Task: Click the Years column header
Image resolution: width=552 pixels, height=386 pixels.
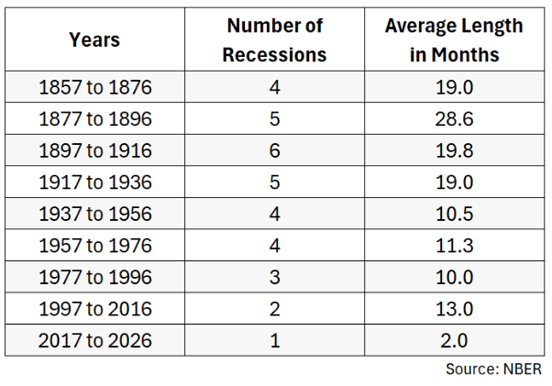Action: point(94,39)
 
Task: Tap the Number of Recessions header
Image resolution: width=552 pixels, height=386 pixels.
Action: point(274,40)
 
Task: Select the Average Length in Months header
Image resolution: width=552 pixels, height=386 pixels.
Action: point(454,40)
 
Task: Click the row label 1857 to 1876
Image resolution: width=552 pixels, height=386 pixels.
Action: point(95,87)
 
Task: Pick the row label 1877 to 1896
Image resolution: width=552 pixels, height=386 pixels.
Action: point(95,119)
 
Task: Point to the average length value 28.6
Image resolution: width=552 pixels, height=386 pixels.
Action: point(454,119)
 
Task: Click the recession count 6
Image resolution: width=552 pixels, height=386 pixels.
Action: point(274,150)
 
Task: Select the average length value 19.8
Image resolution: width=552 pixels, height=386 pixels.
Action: point(454,150)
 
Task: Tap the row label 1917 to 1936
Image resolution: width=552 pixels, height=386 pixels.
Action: point(95,182)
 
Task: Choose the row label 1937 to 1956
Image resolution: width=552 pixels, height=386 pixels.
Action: point(95,214)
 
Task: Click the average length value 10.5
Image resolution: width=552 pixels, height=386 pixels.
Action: point(454,214)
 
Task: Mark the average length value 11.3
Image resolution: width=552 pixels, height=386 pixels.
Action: point(454,246)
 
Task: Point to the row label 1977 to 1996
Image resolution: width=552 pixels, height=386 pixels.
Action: point(95,277)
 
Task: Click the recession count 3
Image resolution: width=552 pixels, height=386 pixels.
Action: point(274,277)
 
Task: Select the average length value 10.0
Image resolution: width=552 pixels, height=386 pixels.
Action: point(454,277)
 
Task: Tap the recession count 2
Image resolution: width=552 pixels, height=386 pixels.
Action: point(274,309)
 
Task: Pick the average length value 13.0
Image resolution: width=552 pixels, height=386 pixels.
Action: point(454,309)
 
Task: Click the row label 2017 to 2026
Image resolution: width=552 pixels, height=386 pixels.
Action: point(95,340)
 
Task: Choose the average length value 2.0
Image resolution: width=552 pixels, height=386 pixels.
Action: point(454,340)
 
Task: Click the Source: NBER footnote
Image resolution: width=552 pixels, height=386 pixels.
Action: point(493,369)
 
